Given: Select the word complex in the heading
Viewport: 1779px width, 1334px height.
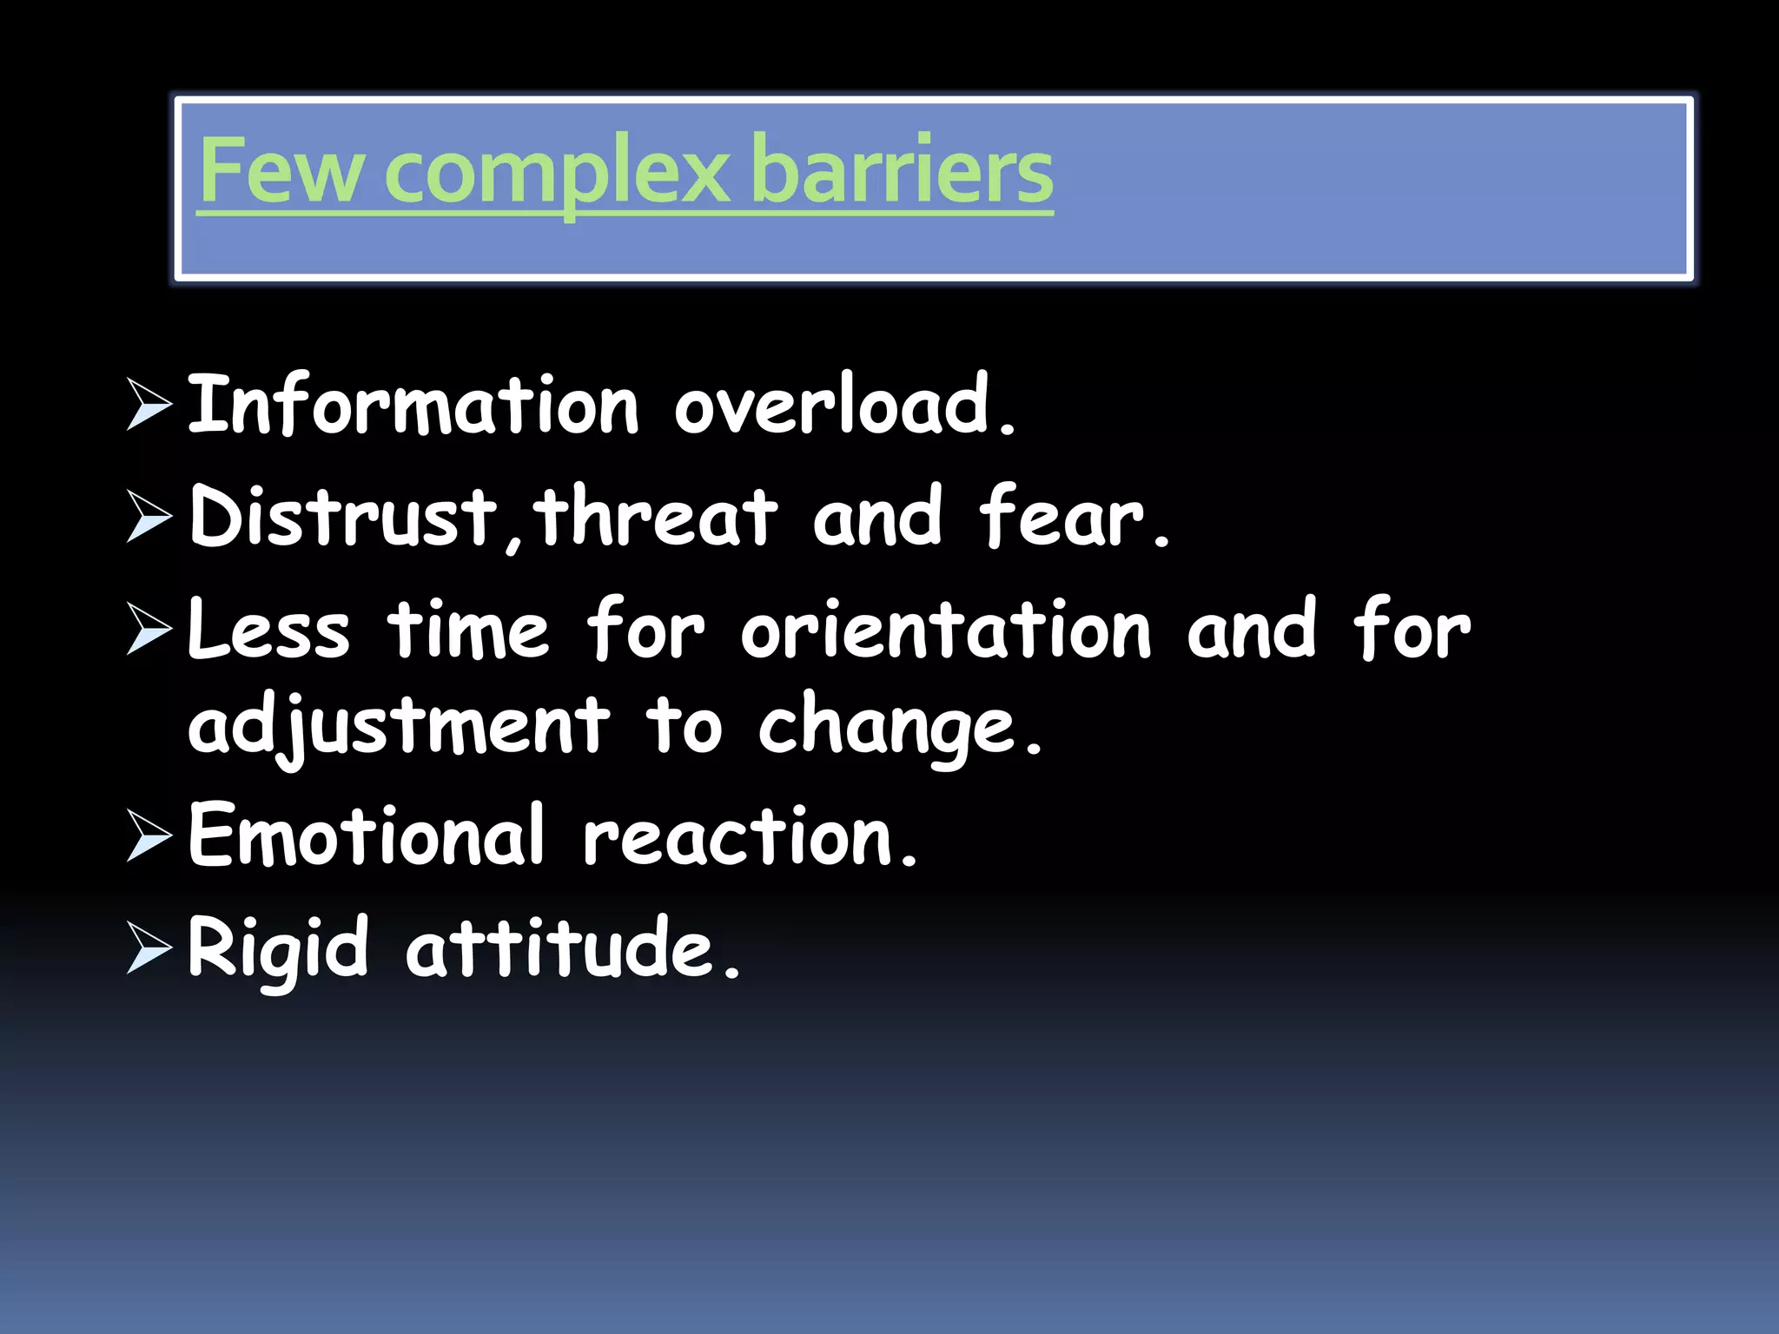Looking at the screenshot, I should click(x=557, y=172).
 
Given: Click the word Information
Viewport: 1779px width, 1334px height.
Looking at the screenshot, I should click(x=413, y=405).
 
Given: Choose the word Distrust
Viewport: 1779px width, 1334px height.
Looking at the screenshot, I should click(x=344, y=518).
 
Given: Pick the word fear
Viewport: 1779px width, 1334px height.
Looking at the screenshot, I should click(x=1072, y=518).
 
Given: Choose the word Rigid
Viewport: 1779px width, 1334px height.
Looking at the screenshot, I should click(x=278, y=948).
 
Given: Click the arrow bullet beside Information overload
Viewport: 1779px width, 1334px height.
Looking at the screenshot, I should click(x=149, y=405).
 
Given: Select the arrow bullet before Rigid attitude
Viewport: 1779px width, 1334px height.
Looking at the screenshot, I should click(x=149, y=948).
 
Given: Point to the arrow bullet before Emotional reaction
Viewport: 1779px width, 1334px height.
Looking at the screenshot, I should click(x=149, y=835).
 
